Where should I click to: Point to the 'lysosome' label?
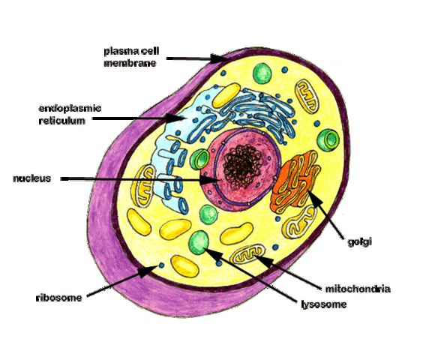click(x=323, y=304)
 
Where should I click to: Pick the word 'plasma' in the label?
click(x=118, y=51)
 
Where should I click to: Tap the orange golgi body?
click(x=295, y=181)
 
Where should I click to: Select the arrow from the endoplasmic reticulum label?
click(x=142, y=118)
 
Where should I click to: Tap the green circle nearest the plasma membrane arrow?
click(x=262, y=73)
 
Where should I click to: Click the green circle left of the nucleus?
click(x=199, y=159)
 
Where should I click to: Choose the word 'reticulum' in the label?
click(x=61, y=120)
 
